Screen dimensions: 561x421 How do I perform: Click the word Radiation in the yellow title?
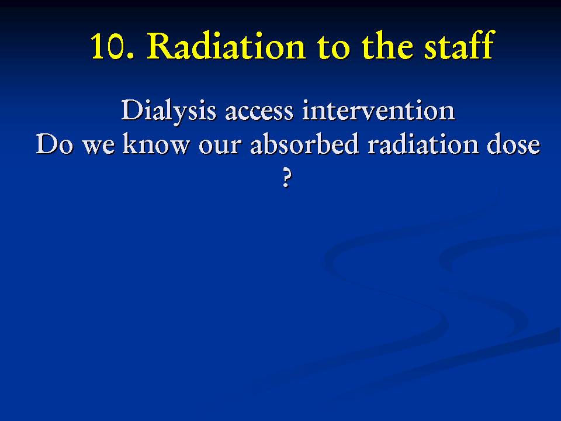(226, 46)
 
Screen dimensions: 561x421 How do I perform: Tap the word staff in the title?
(459, 45)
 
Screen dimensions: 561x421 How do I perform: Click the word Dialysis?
(168, 111)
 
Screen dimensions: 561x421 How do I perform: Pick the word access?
(259, 113)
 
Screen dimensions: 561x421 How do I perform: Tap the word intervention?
(379, 111)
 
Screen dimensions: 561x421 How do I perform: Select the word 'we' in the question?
(99, 147)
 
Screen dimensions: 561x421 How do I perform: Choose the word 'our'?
(219, 147)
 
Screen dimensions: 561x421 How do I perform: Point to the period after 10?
(130, 56)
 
